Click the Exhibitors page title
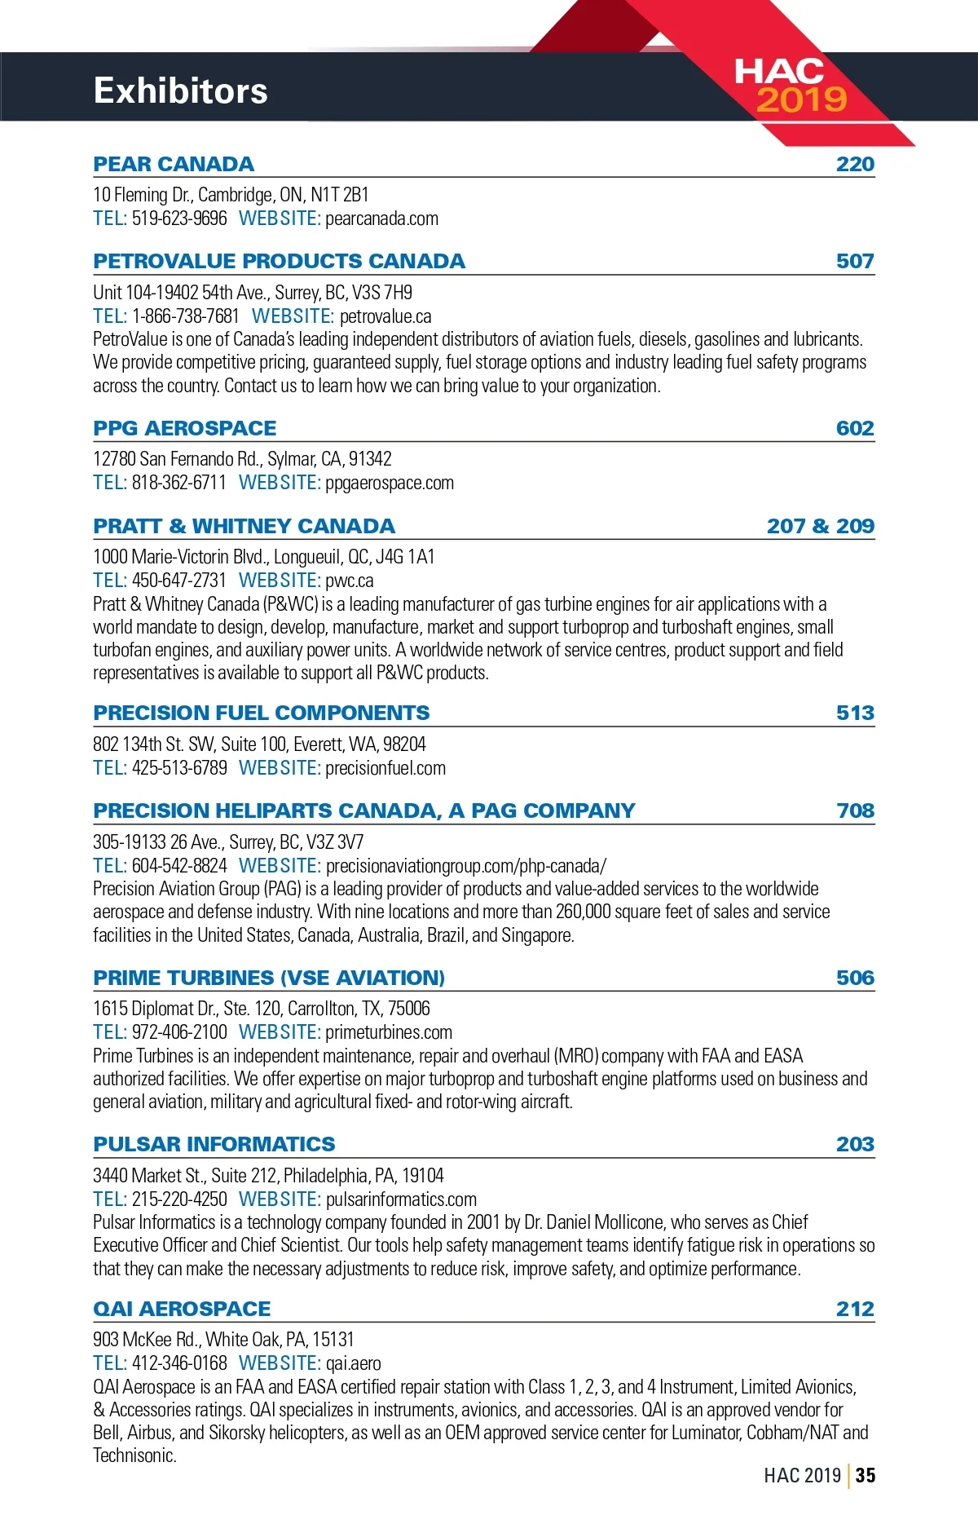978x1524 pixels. click(x=180, y=91)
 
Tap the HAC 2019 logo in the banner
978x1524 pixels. click(x=790, y=86)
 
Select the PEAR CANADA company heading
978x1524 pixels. click(x=174, y=164)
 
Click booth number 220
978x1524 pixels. click(x=855, y=164)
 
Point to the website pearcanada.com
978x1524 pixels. click(x=381, y=219)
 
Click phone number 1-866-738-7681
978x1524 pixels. click(x=185, y=316)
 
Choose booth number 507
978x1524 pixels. click(x=855, y=262)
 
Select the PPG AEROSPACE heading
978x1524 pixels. click(x=184, y=428)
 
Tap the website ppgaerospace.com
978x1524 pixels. click(x=390, y=483)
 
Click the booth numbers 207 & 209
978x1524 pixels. click(x=820, y=526)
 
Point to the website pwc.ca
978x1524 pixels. click(x=349, y=581)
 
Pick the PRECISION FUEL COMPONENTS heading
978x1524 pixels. click(x=261, y=713)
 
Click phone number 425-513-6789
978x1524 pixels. click(x=179, y=768)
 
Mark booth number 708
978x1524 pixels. click(x=855, y=811)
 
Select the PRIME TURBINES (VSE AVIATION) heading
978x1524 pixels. click(x=269, y=978)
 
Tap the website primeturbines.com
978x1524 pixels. click(x=389, y=1032)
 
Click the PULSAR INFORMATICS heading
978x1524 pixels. click(x=214, y=1144)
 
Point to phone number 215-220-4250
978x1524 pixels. click(x=179, y=1199)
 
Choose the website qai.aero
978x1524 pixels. click(x=353, y=1363)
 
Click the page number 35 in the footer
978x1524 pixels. click(x=866, y=1475)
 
